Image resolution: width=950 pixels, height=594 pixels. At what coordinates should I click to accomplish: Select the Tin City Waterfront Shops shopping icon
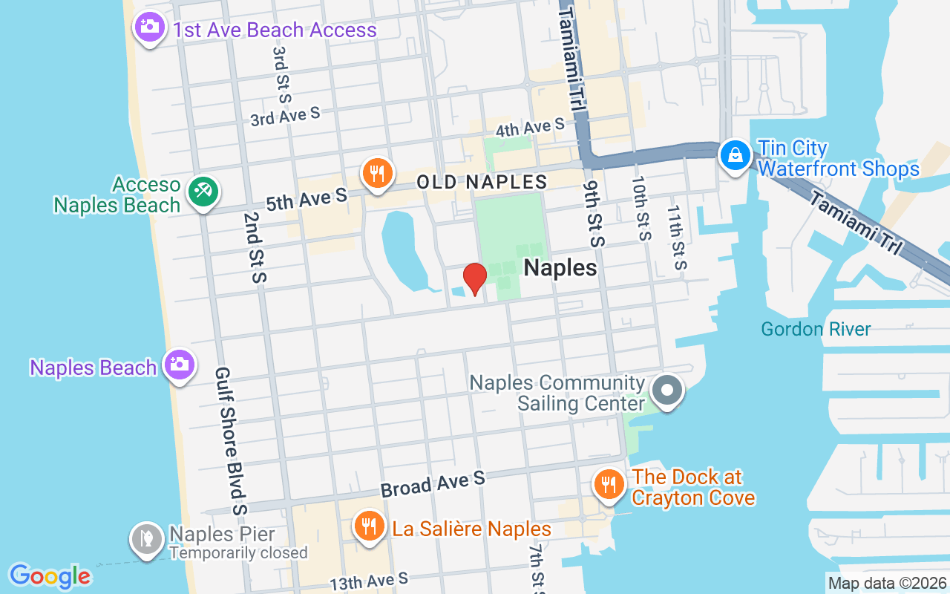735,155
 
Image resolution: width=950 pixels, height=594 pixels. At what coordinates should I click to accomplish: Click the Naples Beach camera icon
179,365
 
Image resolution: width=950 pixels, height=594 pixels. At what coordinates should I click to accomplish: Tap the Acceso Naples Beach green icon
202,192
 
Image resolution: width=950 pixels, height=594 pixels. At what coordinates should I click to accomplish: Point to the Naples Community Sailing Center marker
666,391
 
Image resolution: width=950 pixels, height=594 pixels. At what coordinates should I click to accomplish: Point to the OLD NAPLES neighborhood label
482,182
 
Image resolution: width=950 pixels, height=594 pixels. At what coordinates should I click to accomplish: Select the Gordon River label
816,329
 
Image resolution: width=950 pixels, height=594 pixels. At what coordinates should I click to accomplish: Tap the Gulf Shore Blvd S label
230,440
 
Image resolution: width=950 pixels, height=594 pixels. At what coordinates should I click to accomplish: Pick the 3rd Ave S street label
285,117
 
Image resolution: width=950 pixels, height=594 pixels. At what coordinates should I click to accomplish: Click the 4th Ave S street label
530,128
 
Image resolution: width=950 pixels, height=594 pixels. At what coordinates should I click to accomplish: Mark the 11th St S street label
676,238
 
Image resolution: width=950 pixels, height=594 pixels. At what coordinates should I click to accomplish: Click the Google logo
50,576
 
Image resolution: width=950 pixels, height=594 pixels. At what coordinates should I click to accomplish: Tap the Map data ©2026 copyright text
888,584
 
